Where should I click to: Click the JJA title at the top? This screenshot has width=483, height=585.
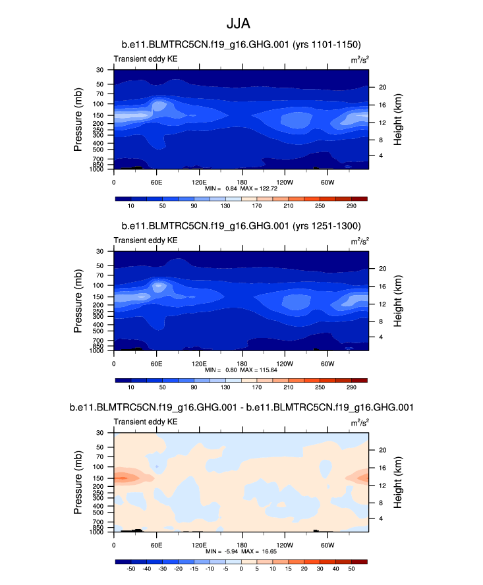pos(241,24)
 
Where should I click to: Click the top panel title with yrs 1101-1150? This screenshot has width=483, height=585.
pos(241,45)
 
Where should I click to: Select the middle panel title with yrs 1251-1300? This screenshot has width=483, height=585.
pos(241,226)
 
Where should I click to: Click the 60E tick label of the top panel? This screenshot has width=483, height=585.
pos(157,181)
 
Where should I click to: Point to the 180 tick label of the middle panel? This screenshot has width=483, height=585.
pos(241,362)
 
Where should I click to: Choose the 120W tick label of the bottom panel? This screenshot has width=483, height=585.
pos(284,544)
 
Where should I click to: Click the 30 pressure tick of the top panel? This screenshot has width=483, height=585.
pos(100,70)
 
